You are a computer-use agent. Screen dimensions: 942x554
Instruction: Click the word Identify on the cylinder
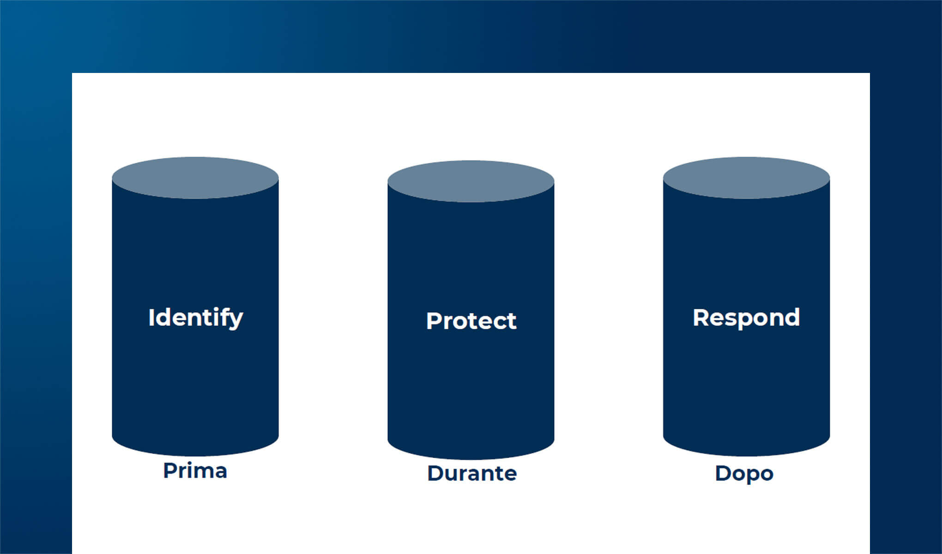point(196,318)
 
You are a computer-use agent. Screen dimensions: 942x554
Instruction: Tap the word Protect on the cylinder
point(471,321)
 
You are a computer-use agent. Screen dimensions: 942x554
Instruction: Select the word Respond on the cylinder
point(746,318)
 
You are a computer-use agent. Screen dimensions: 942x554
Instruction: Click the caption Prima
point(195,471)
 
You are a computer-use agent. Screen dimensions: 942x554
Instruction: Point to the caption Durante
point(472,473)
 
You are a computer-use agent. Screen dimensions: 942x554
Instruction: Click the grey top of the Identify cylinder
point(195,178)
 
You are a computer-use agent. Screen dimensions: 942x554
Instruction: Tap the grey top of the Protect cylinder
point(471,181)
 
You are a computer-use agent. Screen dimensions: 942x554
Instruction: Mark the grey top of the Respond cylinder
point(746,178)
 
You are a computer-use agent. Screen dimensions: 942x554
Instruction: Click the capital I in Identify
point(151,318)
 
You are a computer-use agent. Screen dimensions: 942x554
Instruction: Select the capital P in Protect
point(434,321)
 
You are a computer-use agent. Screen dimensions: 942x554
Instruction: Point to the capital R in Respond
point(701,318)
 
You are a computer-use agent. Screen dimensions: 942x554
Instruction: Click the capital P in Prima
point(171,471)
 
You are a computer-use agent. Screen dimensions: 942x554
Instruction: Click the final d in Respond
point(792,317)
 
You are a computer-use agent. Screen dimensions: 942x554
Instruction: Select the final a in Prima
point(221,473)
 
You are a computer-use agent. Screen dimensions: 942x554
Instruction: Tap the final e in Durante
point(510,476)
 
